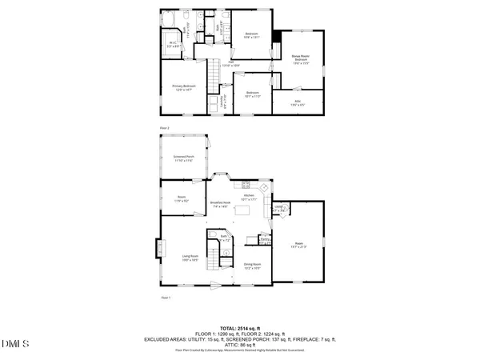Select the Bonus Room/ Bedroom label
tap(300, 58)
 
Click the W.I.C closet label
tap(172, 45)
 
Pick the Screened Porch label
tap(184, 159)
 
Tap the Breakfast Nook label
tap(221, 205)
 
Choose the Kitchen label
tap(248, 198)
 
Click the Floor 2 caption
tap(166, 127)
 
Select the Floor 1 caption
tap(166, 298)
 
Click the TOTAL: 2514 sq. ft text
tap(240, 329)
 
